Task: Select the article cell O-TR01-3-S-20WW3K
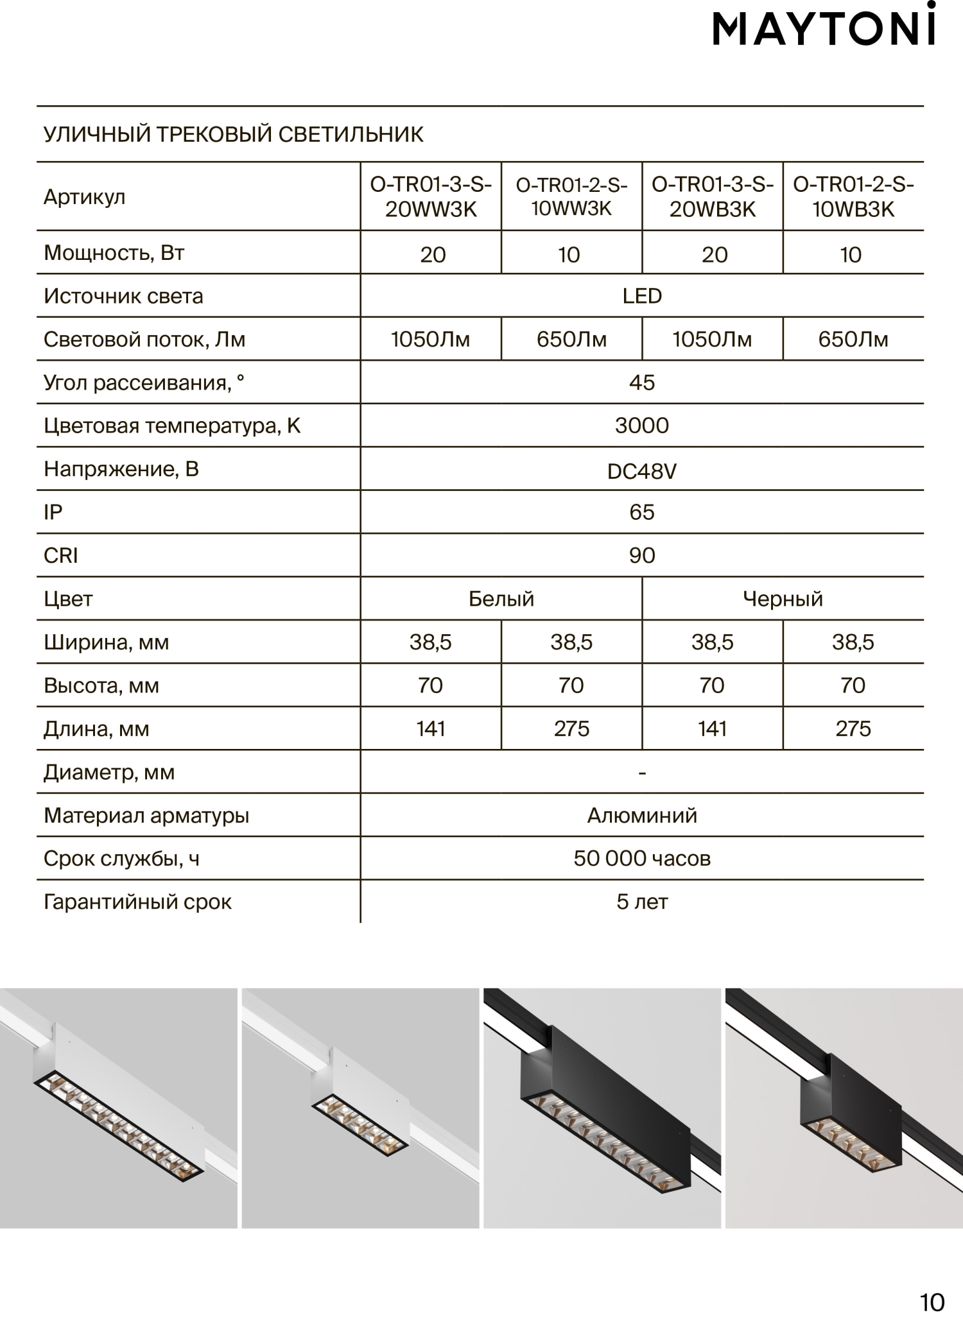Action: pyautogui.click(x=431, y=197)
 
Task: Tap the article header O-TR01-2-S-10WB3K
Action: pyautogui.click(x=853, y=197)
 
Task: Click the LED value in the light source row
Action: pyautogui.click(x=642, y=296)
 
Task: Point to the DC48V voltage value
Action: pyautogui.click(x=642, y=472)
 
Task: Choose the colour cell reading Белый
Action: pyautogui.click(x=501, y=599)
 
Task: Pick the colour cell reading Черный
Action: pyautogui.click(x=783, y=599)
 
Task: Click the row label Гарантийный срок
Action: pyautogui.click(x=137, y=902)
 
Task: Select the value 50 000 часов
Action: pyautogui.click(x=642, y=859)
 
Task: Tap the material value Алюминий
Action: pyautogui.click(x=642, y=816)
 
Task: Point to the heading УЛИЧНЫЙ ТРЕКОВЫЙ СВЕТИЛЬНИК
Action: pyautogui.click(x=234, y=135)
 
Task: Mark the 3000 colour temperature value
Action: pyautogui.click(x=642, y=426)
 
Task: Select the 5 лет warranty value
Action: pyautogui.click(x=642, y=902)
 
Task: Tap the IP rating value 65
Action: pyautogui.click(x=642, y=512)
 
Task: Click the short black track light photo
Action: pyautogui.click(x=844, y=1108)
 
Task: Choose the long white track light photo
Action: pyautogui.click(x=119, y=1108)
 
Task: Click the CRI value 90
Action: pyautogui.click(x=642, y=556)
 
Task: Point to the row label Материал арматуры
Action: pyautogui.click(x=146, y=816)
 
